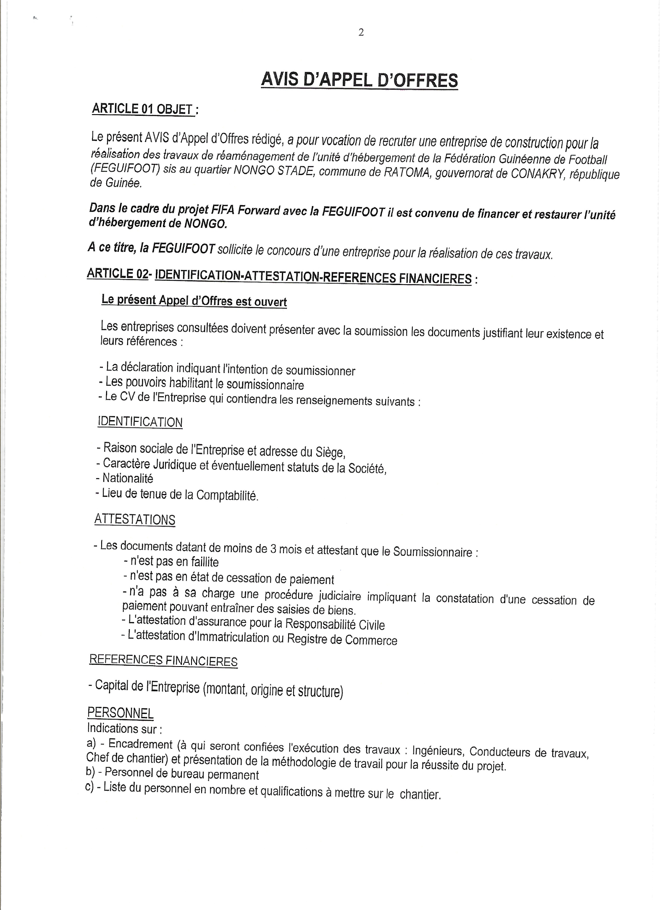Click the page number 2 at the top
point(361,32)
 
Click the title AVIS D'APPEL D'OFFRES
point(359,80)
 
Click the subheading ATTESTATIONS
point(135,519)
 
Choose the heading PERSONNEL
point(121,712)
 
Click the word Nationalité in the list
point(128,478)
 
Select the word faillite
point(205,562)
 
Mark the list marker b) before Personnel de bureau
point(91,772)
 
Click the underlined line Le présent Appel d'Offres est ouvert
point(194,301)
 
